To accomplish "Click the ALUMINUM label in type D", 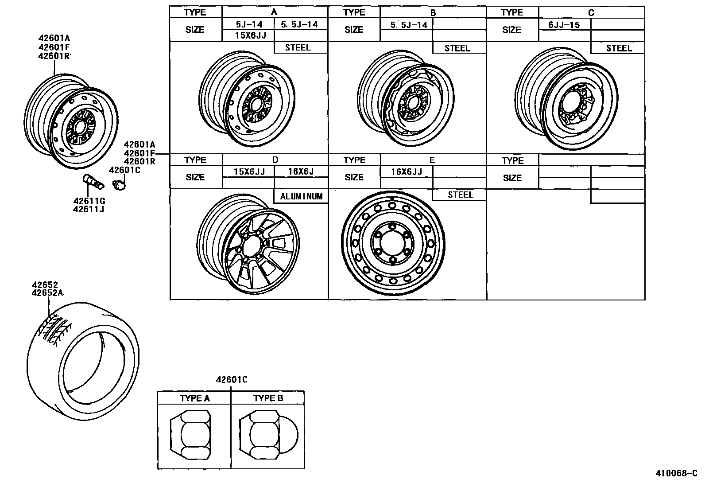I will (301, 196).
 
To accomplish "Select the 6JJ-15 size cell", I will (564, 25).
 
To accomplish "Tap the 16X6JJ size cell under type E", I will (406, 172).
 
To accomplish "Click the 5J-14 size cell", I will (248, 25).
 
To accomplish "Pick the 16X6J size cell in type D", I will (301, 171).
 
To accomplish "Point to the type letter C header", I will (591, 12).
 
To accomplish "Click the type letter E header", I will (432, 160).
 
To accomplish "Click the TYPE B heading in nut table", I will (267, 398).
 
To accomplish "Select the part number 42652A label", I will (47, 293).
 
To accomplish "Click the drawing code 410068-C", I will (676, 473).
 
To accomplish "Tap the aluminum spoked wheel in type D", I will (248, 245).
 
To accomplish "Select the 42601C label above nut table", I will (231, 379).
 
